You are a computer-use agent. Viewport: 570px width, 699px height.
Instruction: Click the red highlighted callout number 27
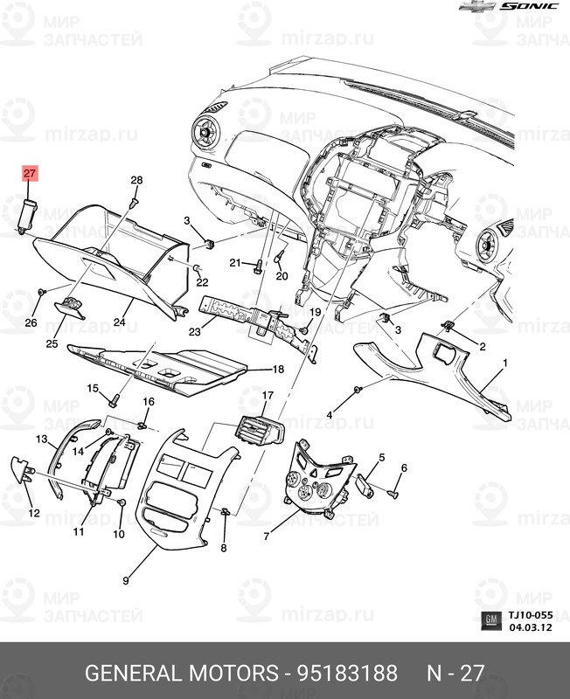(x=30, y=173)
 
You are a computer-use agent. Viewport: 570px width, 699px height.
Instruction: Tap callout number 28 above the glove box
(x=136, y=181)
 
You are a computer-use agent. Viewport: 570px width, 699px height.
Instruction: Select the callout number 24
(x=120, y=323)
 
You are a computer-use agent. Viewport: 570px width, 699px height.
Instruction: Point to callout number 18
(x=280, y=370)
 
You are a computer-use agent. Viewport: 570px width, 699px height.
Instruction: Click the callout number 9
(x=126, y=579)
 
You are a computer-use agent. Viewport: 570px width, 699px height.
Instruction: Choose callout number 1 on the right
(x=505, y=362)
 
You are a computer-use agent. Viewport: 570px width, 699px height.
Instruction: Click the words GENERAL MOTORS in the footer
(x=178, y=674)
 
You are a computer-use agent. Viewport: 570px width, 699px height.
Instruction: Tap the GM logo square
(x=491, y=621)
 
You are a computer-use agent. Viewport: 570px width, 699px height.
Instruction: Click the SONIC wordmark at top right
(x=528, y=6)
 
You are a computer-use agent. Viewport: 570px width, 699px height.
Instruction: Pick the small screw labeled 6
(x=393, y=495)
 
